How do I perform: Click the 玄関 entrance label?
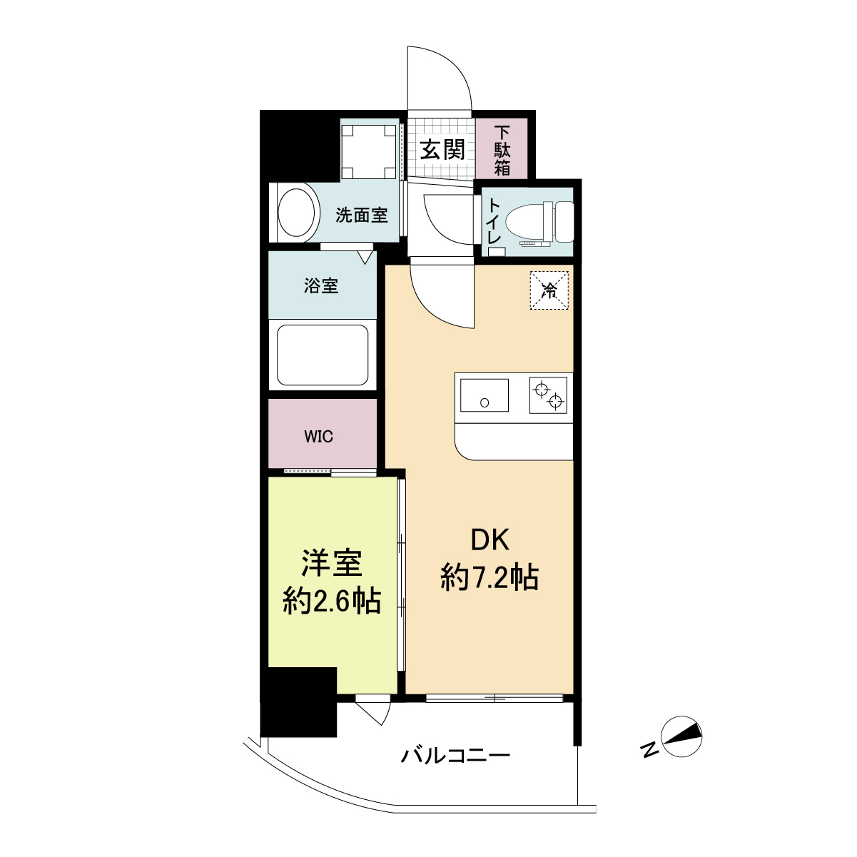(442, 149)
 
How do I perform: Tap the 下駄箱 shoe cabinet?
(502, 148)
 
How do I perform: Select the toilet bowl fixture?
(540, 223)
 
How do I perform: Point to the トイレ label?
(495, 221)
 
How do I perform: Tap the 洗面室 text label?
(362, 215)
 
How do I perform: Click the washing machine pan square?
(369, 152)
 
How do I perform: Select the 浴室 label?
(321, 285)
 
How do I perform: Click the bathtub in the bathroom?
(323, 355)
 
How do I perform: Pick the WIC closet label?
(319, 437)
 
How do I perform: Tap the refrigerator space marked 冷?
(549, 290)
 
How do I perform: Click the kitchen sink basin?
(485, 395)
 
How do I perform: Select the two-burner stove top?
(548, 395)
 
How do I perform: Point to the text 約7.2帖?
(490, 578)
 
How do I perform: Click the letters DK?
(490, 541)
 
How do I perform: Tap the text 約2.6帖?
(332, 602)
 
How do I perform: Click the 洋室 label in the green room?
(332, 564)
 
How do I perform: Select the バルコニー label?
(455, 756)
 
